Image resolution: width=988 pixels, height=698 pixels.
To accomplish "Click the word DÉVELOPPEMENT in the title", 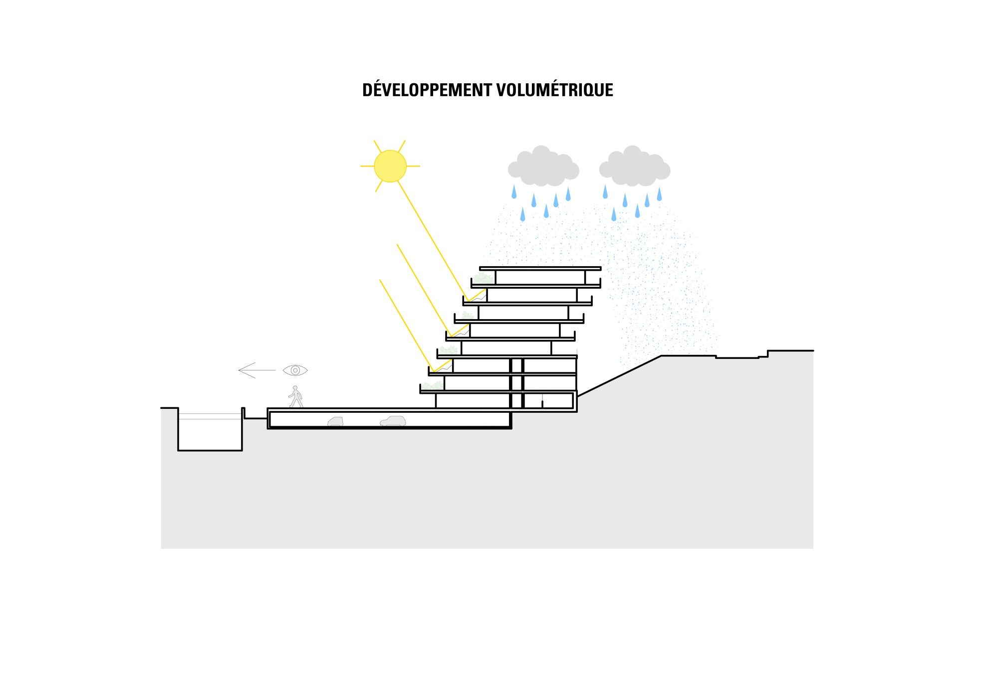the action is tap(427, 90).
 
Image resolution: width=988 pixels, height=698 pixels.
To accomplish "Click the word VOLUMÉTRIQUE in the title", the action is tap(555, 90).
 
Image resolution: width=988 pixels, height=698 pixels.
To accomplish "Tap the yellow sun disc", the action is tap(390, 166).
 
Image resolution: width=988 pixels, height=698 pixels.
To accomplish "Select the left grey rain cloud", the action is tap(543, 166).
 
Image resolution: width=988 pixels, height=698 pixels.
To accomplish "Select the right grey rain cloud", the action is tap(634, 166).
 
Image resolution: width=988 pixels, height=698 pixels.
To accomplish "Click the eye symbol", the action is tap(295, 370).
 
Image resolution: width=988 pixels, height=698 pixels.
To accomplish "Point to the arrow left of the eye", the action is tap(257, 370).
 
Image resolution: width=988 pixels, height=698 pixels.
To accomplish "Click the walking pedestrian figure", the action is tap(295, 397).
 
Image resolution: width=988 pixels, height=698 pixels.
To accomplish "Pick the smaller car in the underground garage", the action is tap(335, 421).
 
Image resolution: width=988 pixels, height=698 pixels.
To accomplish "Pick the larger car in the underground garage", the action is tap(393, 421).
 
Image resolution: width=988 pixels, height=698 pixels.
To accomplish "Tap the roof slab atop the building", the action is tap(540, 268).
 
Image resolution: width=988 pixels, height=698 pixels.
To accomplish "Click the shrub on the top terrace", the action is tap(483, 278).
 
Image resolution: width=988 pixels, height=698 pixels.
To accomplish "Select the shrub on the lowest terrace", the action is tap(432, 385).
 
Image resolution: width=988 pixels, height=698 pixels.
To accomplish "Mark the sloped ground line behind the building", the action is tap(619, 376).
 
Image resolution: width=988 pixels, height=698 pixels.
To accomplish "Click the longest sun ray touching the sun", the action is tap(433, 241).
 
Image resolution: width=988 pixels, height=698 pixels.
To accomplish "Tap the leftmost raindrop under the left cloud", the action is tap(514, 191).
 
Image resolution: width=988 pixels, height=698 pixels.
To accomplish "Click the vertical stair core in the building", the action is tap(516, 383).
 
